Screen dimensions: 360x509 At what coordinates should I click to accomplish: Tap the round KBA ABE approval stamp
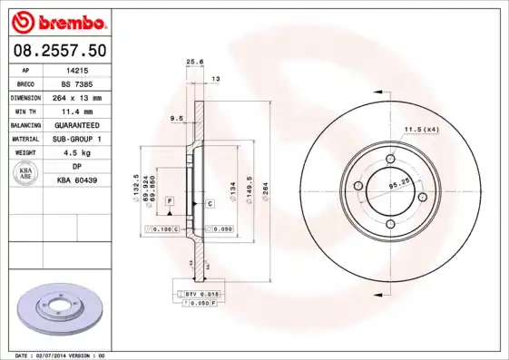tap(26, 173)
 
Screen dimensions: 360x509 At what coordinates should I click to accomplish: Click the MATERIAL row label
tap(25, 139)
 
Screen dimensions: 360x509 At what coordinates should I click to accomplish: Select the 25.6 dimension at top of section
tap(192, 62)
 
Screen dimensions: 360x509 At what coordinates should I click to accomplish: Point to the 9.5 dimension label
tap(178, 119)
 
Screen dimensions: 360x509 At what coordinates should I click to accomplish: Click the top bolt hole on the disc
tap(390, 161)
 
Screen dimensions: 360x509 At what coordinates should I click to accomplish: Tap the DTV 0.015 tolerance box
tap(197, 294)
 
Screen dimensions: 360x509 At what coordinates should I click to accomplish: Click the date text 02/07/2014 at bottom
tap(80, 355)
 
